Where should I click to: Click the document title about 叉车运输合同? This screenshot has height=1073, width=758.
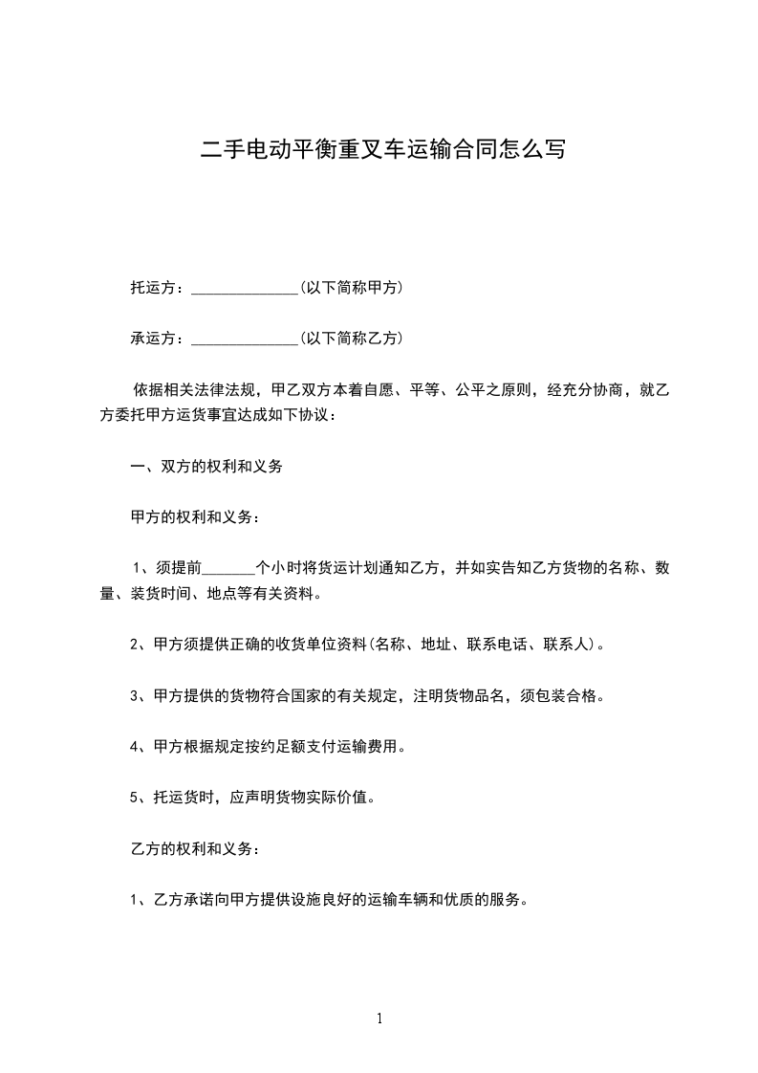point(382,150)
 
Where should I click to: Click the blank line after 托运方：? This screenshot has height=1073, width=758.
point(246,289)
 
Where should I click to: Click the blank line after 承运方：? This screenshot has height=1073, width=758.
point(246,339)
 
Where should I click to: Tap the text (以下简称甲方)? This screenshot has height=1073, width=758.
point(351,287)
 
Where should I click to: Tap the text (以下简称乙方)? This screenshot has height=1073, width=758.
point(351,338)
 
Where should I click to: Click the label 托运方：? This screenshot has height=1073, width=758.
point(160,287)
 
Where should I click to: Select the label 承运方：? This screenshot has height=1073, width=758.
point(160,338)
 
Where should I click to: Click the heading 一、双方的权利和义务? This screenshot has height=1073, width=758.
point(206,467)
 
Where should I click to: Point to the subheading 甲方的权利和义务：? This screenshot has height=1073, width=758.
point(195,517)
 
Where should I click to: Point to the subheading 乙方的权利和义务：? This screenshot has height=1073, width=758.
point(195,848)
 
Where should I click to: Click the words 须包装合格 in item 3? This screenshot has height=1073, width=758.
point(566,695)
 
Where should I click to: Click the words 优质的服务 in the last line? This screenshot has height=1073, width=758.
point(487,899)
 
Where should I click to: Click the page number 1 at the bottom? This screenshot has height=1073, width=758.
point(379,1019)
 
